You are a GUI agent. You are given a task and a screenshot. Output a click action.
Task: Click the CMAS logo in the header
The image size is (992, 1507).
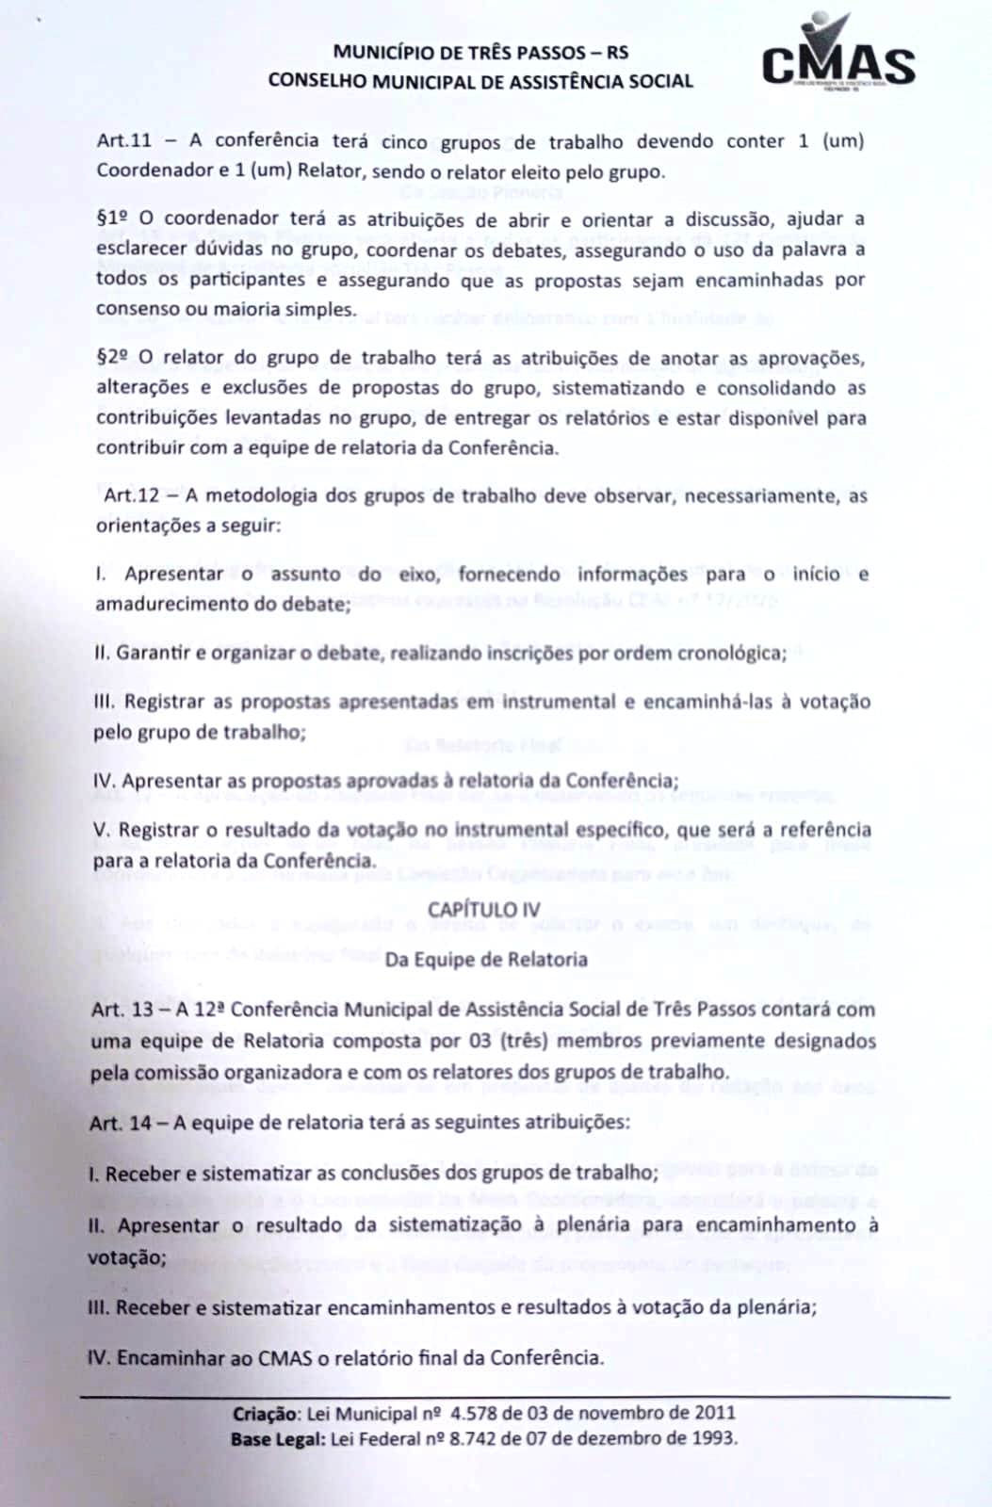[x=838, y=57]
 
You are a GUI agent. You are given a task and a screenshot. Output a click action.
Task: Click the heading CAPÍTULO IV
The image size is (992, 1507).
[x=483, y=909]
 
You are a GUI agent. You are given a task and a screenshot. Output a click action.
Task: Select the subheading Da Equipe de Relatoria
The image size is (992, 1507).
[x=486, y=960]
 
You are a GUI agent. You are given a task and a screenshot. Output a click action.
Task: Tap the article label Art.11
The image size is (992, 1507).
[x=123, y=141]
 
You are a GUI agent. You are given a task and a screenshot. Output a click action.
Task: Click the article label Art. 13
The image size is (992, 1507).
[x=122, y=1010]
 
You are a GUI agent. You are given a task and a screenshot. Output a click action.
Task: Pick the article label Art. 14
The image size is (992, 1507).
[x=120, y=1123]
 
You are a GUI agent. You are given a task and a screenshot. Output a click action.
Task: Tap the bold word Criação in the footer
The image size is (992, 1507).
[x=265, y=1414]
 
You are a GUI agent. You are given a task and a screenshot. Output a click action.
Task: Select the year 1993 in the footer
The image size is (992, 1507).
[x=714, y=1438]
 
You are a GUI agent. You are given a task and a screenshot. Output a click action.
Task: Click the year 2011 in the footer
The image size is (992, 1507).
[x=713, y=1414]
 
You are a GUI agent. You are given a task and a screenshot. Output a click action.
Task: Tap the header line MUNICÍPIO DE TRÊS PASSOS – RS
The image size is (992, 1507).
[x=480, y=53]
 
